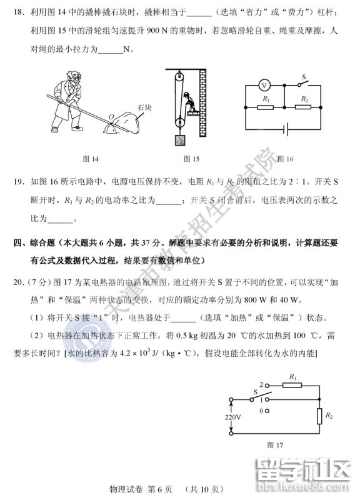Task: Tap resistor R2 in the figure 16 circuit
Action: click(x=304, y=107)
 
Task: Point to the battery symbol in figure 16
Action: click(x=286, y=129)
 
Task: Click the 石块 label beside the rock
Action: click(x=145, y=107)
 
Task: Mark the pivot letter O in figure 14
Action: click(x=111, y=116)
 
